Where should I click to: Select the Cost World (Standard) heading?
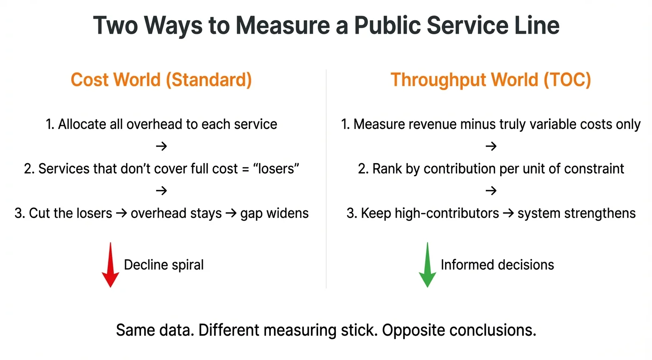[161, 80]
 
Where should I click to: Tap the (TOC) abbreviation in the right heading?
[568, 80]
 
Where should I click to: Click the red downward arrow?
[111, 264]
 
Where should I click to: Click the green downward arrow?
[427, 264]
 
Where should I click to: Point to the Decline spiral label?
[163, 265]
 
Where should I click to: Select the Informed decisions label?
[497, 265]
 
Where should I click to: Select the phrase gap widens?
[274, 213]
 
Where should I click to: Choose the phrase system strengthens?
[577, 213]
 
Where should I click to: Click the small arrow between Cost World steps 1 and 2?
[161, 146]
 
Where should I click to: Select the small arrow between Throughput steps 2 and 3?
[490, 191]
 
